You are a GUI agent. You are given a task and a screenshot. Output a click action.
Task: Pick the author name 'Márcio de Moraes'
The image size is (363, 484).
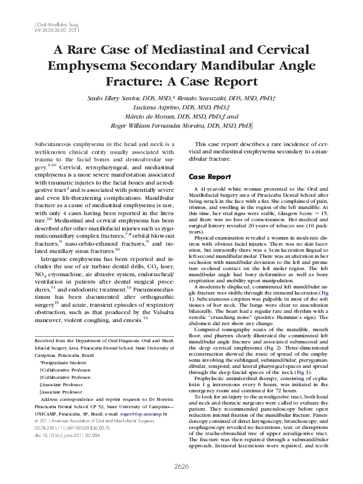point(142,114)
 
